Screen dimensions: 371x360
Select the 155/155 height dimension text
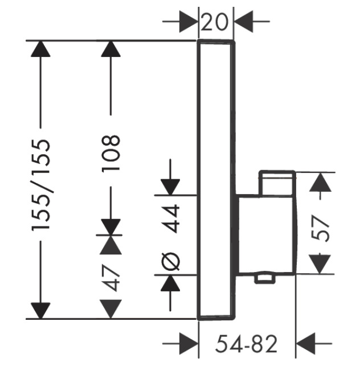tap(42, 185)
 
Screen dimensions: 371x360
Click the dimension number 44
tap(171, 219)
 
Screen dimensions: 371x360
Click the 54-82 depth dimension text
tap(247, 344)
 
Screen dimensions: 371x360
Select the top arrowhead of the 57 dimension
tap(322, 182)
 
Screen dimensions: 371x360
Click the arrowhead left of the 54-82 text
tap(188, 344)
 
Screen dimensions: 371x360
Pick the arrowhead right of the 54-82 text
tap(306, 344)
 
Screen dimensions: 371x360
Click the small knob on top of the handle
tap(277, 183)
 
